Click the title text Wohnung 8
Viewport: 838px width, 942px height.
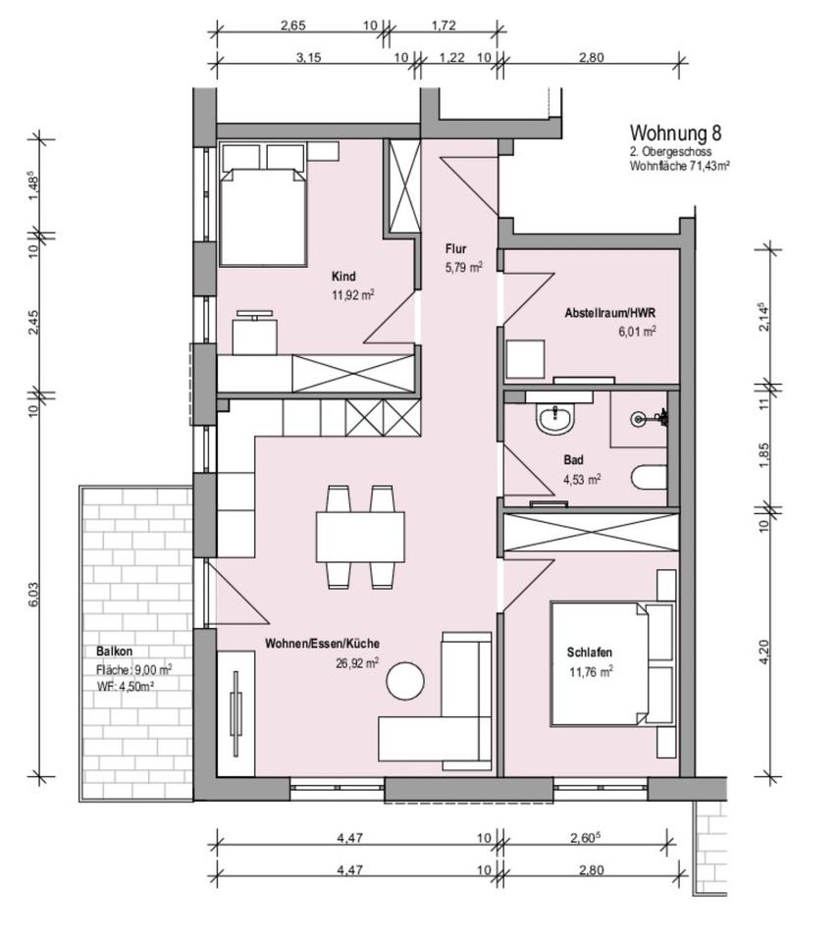point(675,132)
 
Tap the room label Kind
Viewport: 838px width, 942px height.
point(343,277)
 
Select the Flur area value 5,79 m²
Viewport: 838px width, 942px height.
point(464,267)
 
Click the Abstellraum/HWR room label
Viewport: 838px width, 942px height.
point(609,313)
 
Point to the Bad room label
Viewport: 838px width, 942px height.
point(573,460)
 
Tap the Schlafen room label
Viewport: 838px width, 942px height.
point(590,653)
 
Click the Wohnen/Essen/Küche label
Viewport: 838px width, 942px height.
point(322,644)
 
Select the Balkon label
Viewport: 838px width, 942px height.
point(114,652)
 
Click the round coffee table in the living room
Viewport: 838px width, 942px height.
point(405,681)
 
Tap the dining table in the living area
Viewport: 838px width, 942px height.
point(360,537)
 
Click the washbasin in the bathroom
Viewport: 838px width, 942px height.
point(556,417)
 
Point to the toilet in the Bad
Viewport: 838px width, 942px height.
point(650,478)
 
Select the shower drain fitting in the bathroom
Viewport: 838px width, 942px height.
point(638,419)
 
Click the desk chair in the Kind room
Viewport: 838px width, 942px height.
point(255,333)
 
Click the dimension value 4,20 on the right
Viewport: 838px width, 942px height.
point(763,652)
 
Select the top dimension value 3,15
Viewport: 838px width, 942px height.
point(309,58)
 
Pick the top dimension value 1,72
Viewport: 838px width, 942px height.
point(444,26)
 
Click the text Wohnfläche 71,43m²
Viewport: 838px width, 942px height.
point(679,166)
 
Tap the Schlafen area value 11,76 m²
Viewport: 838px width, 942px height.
point(591,671)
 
